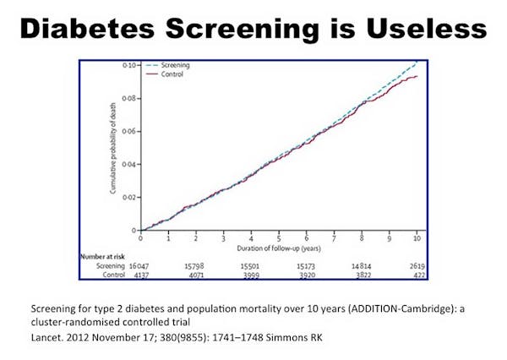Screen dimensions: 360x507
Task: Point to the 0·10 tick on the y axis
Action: [x=129, y=65]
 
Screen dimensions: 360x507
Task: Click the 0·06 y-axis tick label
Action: [x=128, y=131]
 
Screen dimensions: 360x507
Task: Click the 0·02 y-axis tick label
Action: [x=128, y=197]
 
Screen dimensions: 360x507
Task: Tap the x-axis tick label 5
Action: [x=278, y=238]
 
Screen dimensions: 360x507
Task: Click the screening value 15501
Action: [x=253, y=265]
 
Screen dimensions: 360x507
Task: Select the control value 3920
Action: [x=308, y=275]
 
